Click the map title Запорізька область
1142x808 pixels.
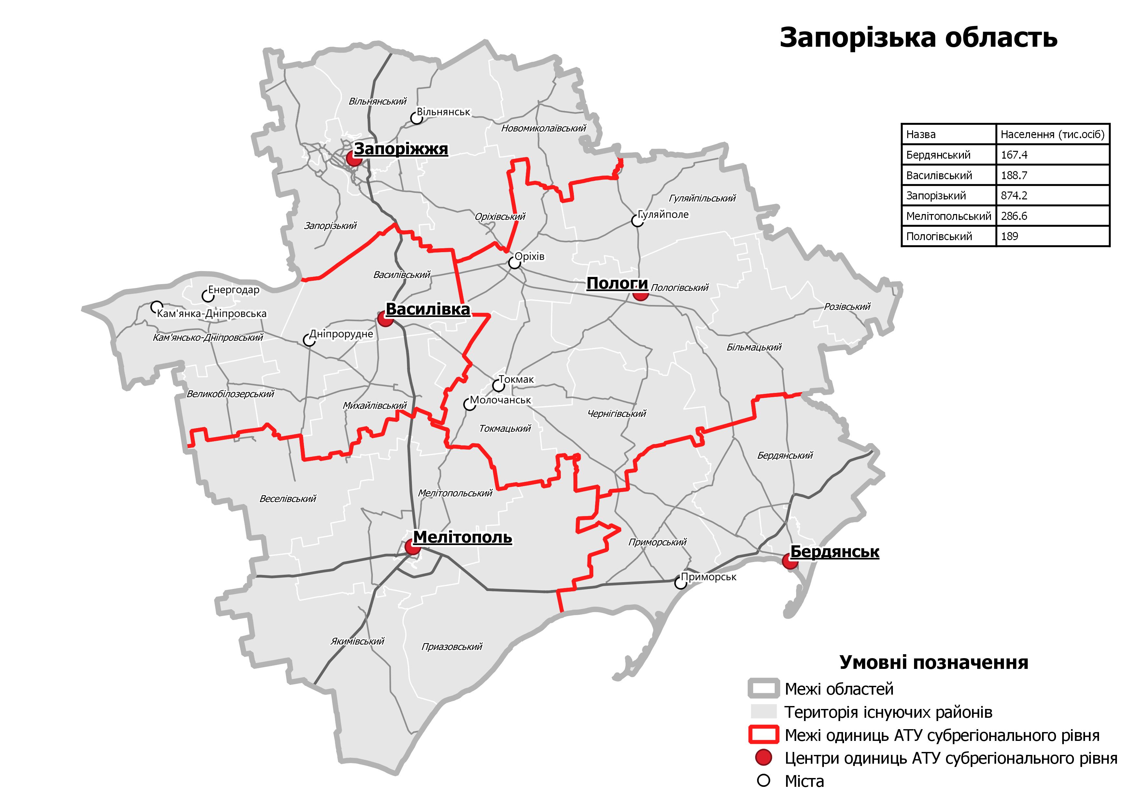click(x=918, y=38)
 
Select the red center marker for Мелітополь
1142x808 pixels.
click(x=412, y=547)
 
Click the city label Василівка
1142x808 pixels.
click(x=428, y=310)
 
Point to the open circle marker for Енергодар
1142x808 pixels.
click(x=207, y=296)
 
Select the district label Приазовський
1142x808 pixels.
click(x=452, y=647)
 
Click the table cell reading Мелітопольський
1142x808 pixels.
click(x=949, y=216)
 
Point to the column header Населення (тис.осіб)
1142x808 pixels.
click(x=1052, y=134)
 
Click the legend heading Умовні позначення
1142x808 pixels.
click(x=934, y=663)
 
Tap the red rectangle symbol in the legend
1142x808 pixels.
click(x=763, y=735)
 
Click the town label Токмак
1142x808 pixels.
click(x=516, y=380)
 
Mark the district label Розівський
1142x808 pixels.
click(x=847, y=307)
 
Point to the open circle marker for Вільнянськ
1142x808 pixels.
click(x=416, y=118)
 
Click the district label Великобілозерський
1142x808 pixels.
click(x=230, y=394)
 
